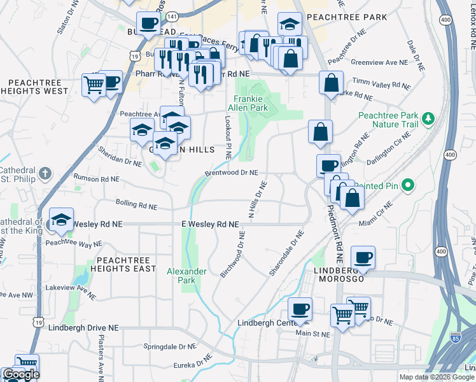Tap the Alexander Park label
[186, 276]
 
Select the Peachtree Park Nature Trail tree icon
[429, 118]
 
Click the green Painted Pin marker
[409, 186]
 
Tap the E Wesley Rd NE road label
[210, 224]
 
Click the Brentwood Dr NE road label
[231, 173]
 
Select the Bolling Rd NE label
[136, 204]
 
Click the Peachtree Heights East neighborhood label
[127, 264]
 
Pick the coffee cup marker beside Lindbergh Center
[300, 309]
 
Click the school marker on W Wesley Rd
[61, 220]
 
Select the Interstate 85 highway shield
[456, 338]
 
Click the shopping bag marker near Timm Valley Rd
[331, 83]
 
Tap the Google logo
[21, 375]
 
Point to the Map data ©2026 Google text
[436, 377]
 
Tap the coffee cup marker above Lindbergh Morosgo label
[363, 258]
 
